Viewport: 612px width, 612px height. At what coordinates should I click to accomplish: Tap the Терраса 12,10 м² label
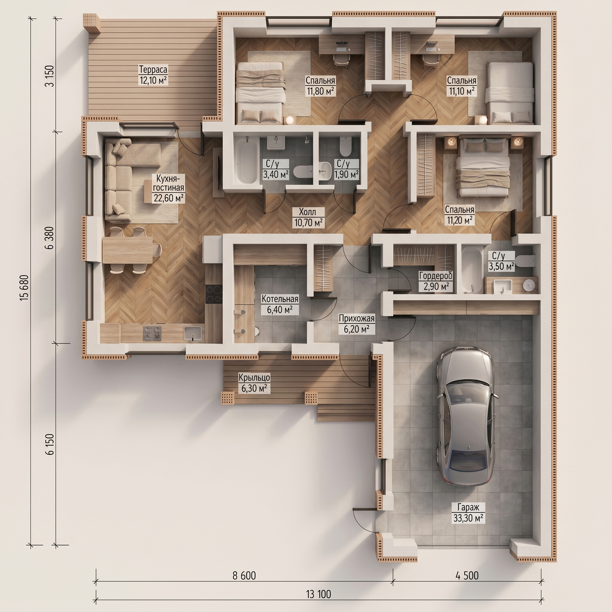pyautogui.click(x=153, y=74)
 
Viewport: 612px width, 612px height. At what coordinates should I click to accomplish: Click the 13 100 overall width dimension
pyautogui.click(x=318, y=594)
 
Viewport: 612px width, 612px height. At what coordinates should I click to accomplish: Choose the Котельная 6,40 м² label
pyautogui.click(x=280, y=305)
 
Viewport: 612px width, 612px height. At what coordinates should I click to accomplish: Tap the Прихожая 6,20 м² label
pyautogui.click(x=357, y=324)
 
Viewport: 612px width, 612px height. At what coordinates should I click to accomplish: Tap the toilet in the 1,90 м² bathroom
pyautogui.click(x=345, y=146)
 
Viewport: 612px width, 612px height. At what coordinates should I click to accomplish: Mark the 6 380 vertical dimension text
pyautogui.click(x=50, y=238)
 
